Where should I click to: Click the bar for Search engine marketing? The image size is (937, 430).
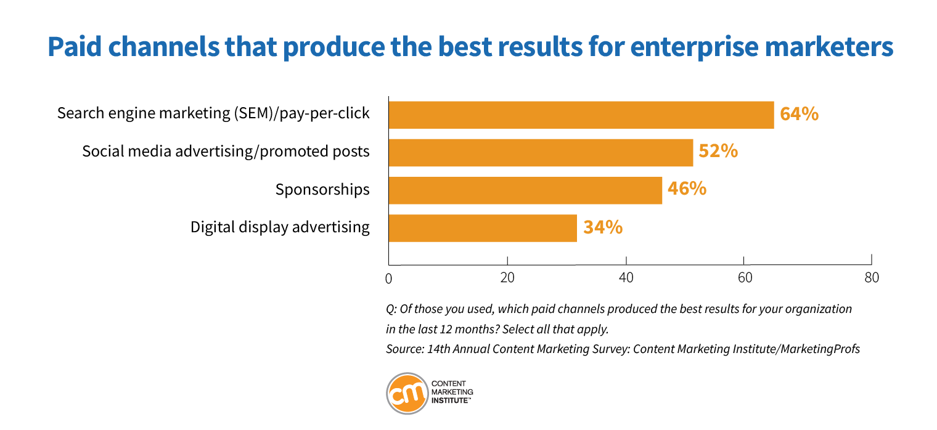(581, 115)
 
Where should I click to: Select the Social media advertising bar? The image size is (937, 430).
(541, 153)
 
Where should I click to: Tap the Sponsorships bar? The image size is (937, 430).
(525, 190)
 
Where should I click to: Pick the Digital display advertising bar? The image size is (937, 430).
(483, 228)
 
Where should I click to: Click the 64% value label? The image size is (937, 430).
(799, 114)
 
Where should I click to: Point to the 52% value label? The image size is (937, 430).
(718, 151)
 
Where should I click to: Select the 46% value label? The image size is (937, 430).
(687, 189)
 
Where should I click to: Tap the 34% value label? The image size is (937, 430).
(603, 227)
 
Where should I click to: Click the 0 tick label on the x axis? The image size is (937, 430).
(388, 278)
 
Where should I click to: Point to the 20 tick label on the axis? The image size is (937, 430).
(507, 277)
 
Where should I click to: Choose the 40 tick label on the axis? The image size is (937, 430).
(626, 277)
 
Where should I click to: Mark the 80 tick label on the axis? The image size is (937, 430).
(872, 277)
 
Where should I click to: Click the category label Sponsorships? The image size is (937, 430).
(322, 190)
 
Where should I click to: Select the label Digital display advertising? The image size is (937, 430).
(280, 227)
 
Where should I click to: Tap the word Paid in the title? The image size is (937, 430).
(75, 46)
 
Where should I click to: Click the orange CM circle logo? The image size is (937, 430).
(407, 394)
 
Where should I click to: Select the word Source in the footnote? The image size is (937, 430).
(403, 349)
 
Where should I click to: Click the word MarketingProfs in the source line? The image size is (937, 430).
(820, 349)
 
